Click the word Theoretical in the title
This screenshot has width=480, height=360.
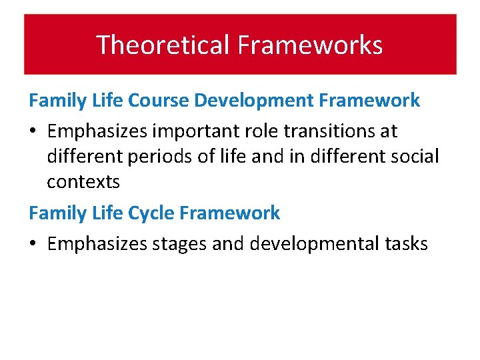(x=163, y=45)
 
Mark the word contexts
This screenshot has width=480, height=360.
(x=83, y=181)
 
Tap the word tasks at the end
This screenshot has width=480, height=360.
(x=405, y=244)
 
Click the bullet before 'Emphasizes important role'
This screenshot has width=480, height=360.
(x=33, y=132)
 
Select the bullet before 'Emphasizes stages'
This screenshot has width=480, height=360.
(x=33, y=245)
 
